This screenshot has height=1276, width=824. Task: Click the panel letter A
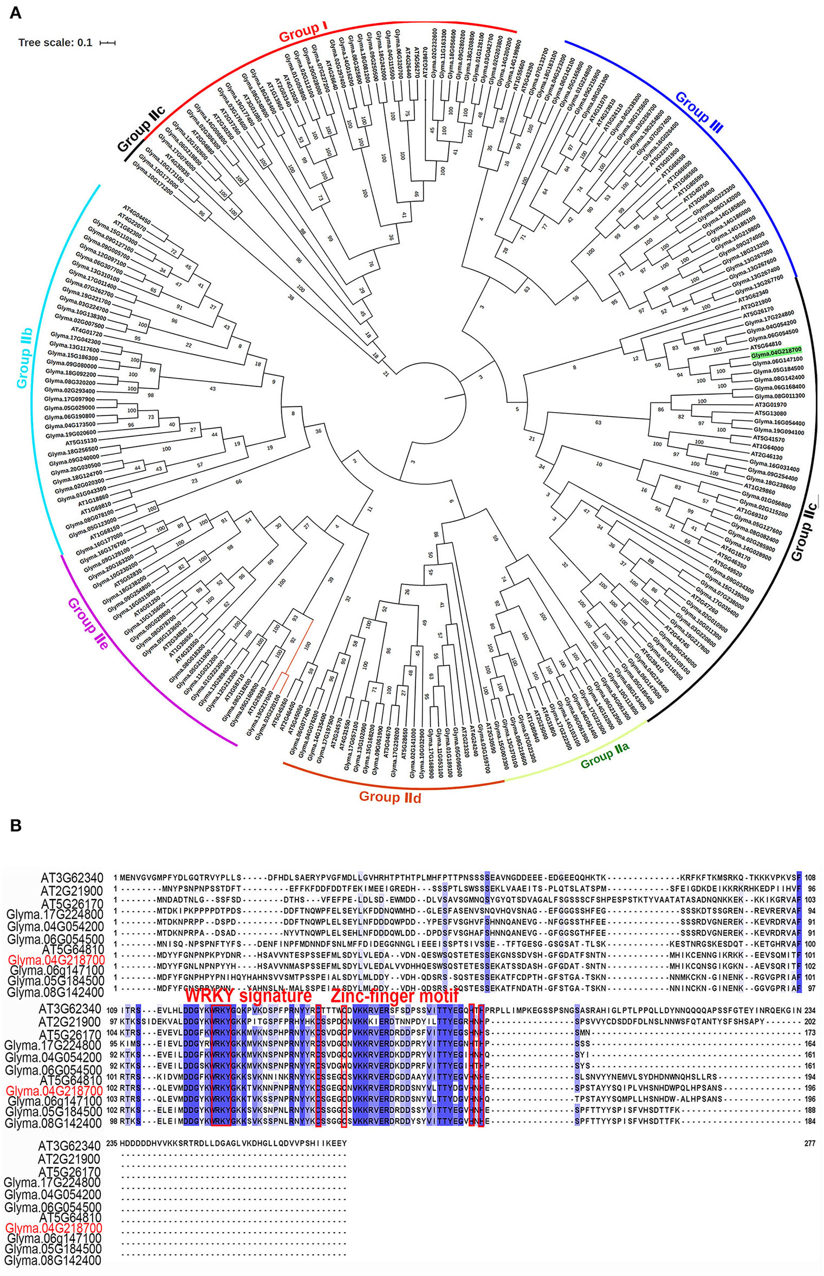(x=15, y=12)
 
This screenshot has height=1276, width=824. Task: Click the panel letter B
(x=15, y=825)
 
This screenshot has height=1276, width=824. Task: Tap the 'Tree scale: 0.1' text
(x=55, y=42)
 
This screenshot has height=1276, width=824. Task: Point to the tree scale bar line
(x=107, y=42)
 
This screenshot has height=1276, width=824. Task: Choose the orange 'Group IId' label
(x=390, y=797)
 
